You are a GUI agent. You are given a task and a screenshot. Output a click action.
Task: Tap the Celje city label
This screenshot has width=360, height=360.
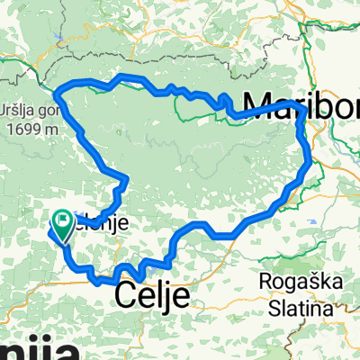point(153,294)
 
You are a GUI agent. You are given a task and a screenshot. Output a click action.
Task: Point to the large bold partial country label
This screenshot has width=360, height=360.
point(27,346)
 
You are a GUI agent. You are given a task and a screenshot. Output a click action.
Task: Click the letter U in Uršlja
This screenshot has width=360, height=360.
point(5,110)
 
